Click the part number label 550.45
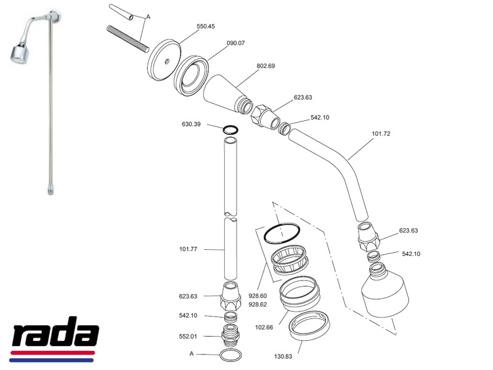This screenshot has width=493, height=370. click(x=206, y=27)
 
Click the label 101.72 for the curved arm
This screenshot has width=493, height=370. click(x=382, y=133)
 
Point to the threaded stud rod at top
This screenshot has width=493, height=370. click(x=128, y=39)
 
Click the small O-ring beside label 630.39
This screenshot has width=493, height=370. click(x=230, y=130)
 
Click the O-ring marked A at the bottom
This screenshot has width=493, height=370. click(x=230, y=356)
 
